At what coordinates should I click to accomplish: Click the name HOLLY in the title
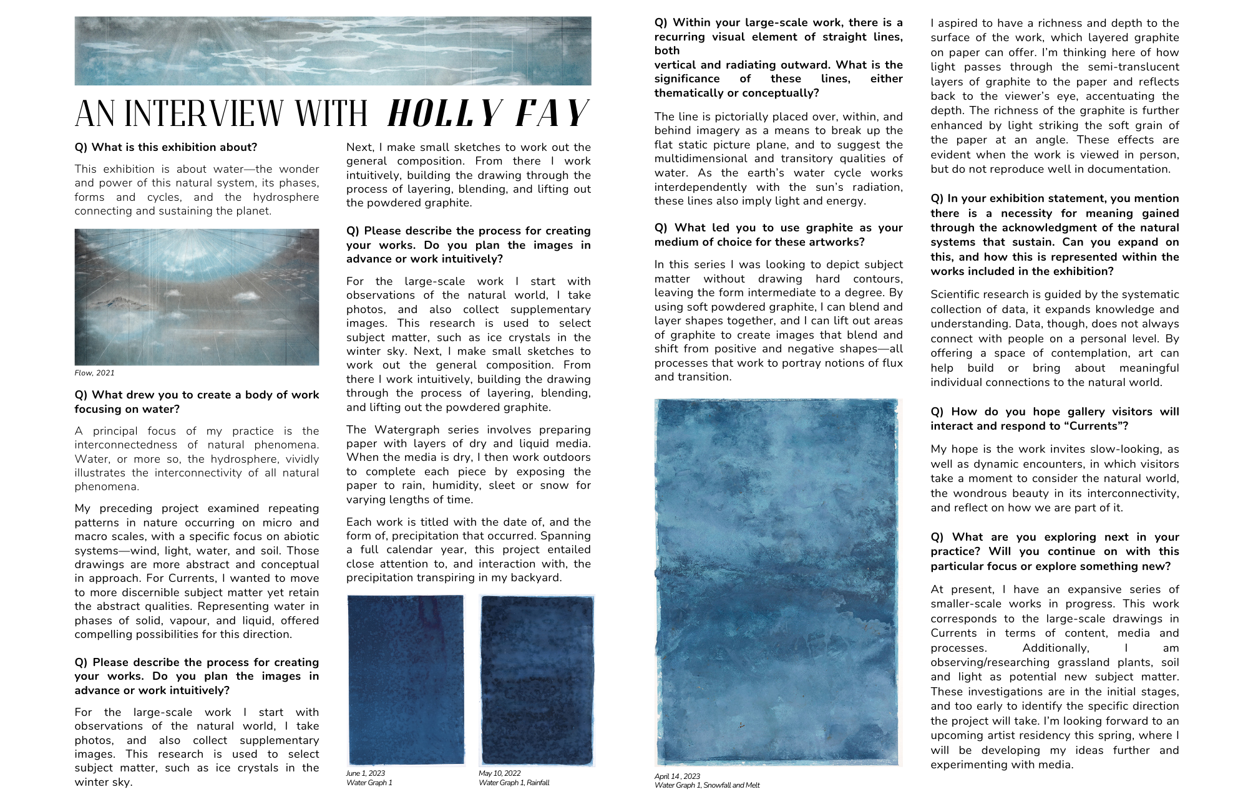pyautogui.click(x=444, y=114)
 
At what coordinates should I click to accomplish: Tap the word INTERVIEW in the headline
pyautogui.click(x=246, y=114)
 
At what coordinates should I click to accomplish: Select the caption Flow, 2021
pyautogui.click(x=94, y=373)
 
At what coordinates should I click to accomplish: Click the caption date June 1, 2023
pyautogui.click(x=366, y=773)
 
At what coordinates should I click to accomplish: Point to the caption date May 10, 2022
pyautogui.click(x=499, y=773)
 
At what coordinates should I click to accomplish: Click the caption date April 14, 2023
pyautogui.click(x=677, y=776)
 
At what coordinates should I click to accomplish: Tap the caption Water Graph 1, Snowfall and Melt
pyautogui.click(x=707, y=785)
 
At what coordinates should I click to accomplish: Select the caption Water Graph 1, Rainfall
pyautogui.click(x=514, y=783)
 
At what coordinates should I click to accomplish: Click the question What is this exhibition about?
pyautogui.click(x=165, y=147)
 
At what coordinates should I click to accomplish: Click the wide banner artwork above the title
pyautogui.click(x=333, y=51)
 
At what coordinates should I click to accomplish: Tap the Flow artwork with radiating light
pyautogui.click(x=197, y=297)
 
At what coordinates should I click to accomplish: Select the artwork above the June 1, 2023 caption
pyautogui.click(x=406, y=680)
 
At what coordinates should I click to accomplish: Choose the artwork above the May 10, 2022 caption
pyautogui.click(x=537, y=680)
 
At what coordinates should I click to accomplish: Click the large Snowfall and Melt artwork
pyautogui.click(x=777, y=581)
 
